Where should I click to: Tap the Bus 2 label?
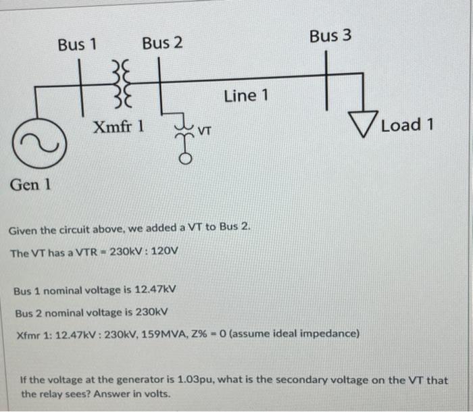[x=162, y=44]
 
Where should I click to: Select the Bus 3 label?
[x=330, y=36]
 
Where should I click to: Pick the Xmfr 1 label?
[x=118, y=126]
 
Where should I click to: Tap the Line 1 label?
[x=246, y=96]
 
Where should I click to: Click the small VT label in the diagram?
[x=205, y=128]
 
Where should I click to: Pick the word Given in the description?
[x=25, y=230]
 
